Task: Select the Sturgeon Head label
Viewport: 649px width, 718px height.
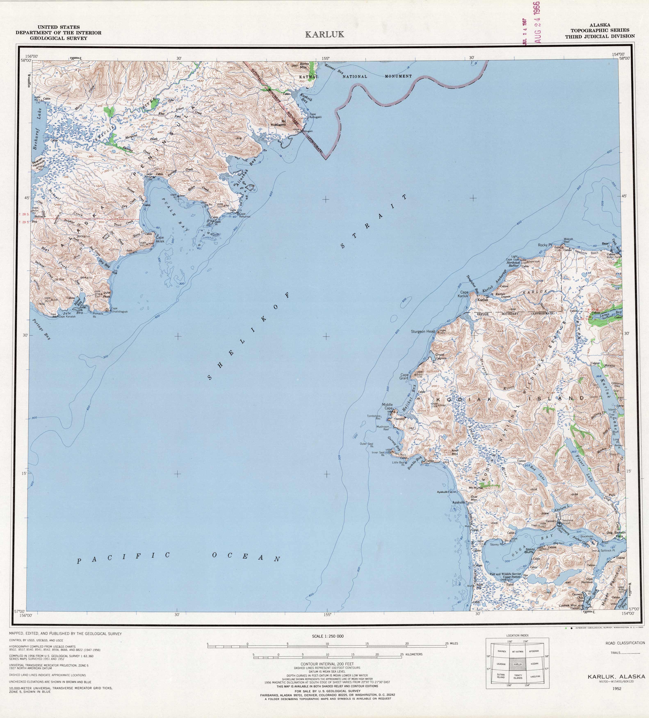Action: [423, 331]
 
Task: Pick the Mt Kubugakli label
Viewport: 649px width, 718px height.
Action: [278, 123]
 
